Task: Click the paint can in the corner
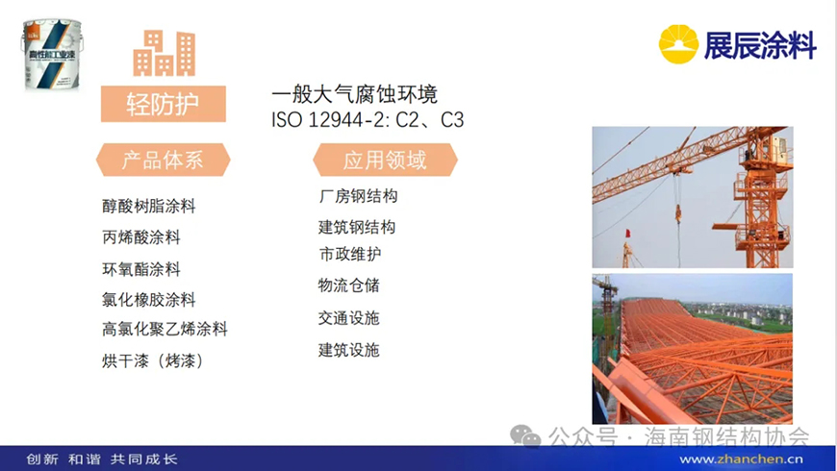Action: (x=52, y=55)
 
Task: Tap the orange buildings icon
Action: (x=164, y=53)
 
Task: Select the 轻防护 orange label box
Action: (x=164, y=104)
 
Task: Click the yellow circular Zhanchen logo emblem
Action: (x=678, y=44)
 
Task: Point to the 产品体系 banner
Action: (x=163, y=160)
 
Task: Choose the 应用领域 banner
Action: (x=385, y=160)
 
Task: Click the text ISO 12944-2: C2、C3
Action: (x=368, y=120)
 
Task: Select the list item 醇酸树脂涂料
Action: (x=149, y=206)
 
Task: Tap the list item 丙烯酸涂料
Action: (x=141, y=236)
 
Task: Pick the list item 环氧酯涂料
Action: (x=141, y=269)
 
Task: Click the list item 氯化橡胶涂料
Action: (x=149, y=299)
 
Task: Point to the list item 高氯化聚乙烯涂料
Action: (x=165, y=329)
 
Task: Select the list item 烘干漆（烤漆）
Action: (x=153, y=360)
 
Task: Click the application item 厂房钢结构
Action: (x=358, y=196)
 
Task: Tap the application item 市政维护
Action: (x=350, y=254)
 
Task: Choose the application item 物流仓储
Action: (x=349, y=285)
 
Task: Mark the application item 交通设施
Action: (x=349, y=318)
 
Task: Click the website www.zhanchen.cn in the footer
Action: (x=741, y=459)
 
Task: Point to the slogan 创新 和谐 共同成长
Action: (x=101, y=459)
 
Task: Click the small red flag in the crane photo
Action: (x=627, y=234)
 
